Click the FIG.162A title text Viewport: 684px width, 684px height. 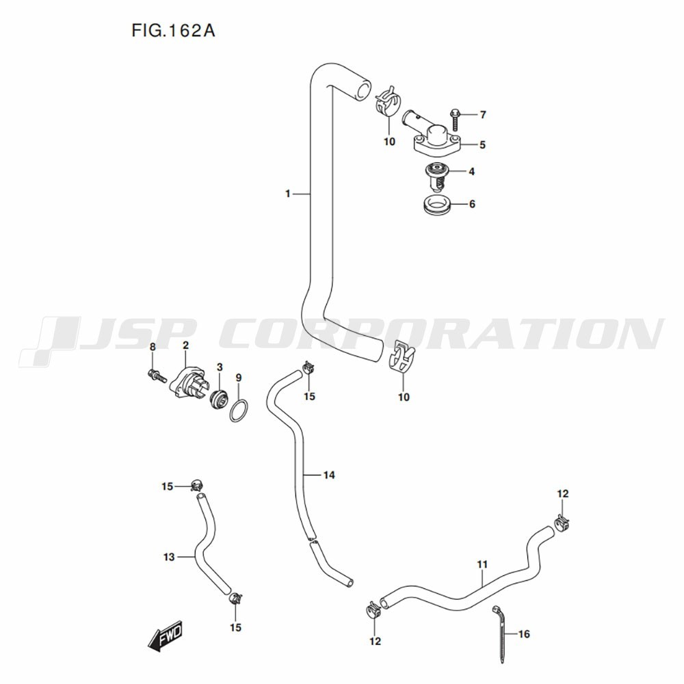coord(173,31)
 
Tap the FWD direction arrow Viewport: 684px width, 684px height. coord(166,635)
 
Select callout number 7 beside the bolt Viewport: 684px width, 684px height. coord(482,115)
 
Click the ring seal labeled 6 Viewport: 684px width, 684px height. coord(437,204)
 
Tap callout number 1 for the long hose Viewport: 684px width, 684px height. coord(287,194)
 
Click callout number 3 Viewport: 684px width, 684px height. coord(220,367)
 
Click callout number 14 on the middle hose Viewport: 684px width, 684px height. coord(329,475)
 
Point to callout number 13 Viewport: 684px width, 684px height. coord(169,557)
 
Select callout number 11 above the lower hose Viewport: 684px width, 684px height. coord(482,564)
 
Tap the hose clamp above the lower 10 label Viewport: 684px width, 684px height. coord(401,356)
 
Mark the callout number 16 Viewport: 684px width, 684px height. coord(524,634)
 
